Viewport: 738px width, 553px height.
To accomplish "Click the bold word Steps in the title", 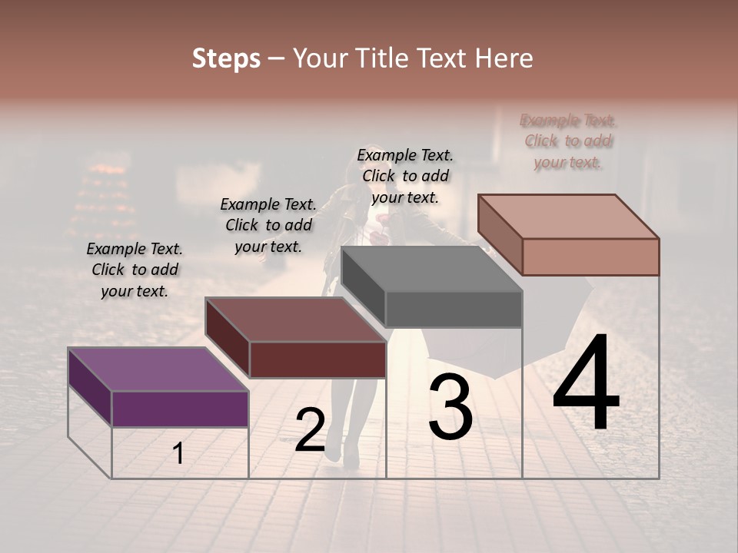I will click(x=226, y=58).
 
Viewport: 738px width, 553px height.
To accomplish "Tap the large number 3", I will click(x=450, y=408).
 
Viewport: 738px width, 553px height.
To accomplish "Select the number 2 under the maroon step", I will click(x=310, y=430).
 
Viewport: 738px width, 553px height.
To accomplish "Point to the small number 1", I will click(x=178, y=454).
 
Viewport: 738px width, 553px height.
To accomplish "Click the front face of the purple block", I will click(x=180, y=409).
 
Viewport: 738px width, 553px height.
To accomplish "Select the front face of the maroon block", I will click(x=317, y=359).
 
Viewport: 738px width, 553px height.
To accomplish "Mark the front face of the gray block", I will click(x=454, y=310).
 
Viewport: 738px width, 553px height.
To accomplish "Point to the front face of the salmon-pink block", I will click(x=590, y=257).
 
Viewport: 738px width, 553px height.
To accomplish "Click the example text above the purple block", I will click(x=135, y=270).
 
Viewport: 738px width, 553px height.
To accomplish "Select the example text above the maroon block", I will click(x=268, y=225).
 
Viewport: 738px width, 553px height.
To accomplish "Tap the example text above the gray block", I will click(x=405, y=176).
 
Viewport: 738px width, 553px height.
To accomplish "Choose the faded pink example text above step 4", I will click(x=568, y=141).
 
